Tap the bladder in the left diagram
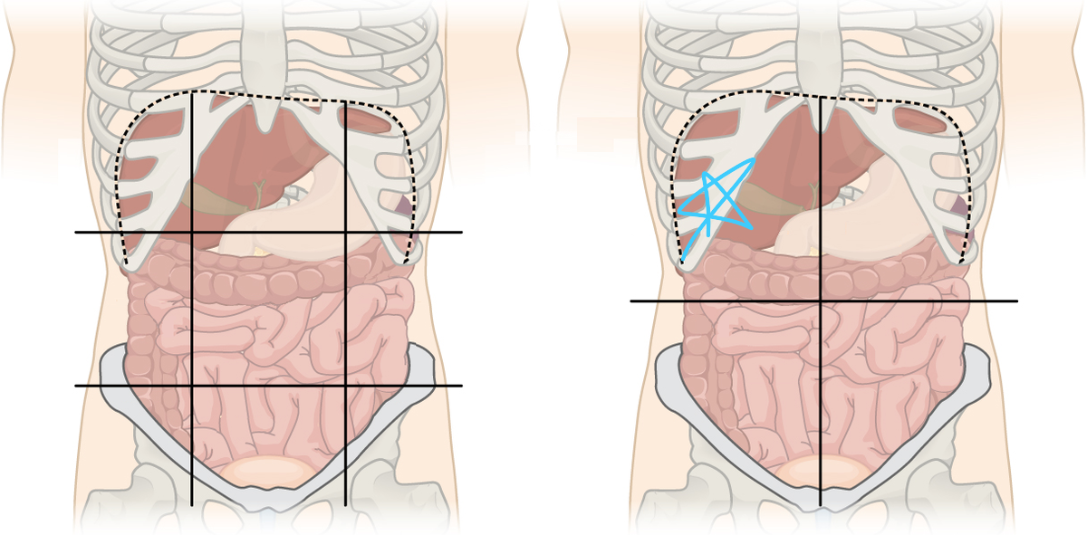(x=269, y=471)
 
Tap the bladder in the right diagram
(x=820, y=471)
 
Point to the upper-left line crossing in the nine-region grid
(x=192, y=233)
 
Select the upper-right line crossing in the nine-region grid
(x=345, y=233)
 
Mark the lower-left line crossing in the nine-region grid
(x=192, y=386)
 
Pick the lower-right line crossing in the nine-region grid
(x=345, y=386)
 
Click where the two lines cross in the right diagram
(x=821, y=301)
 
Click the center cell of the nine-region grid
(x=269, y=309)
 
